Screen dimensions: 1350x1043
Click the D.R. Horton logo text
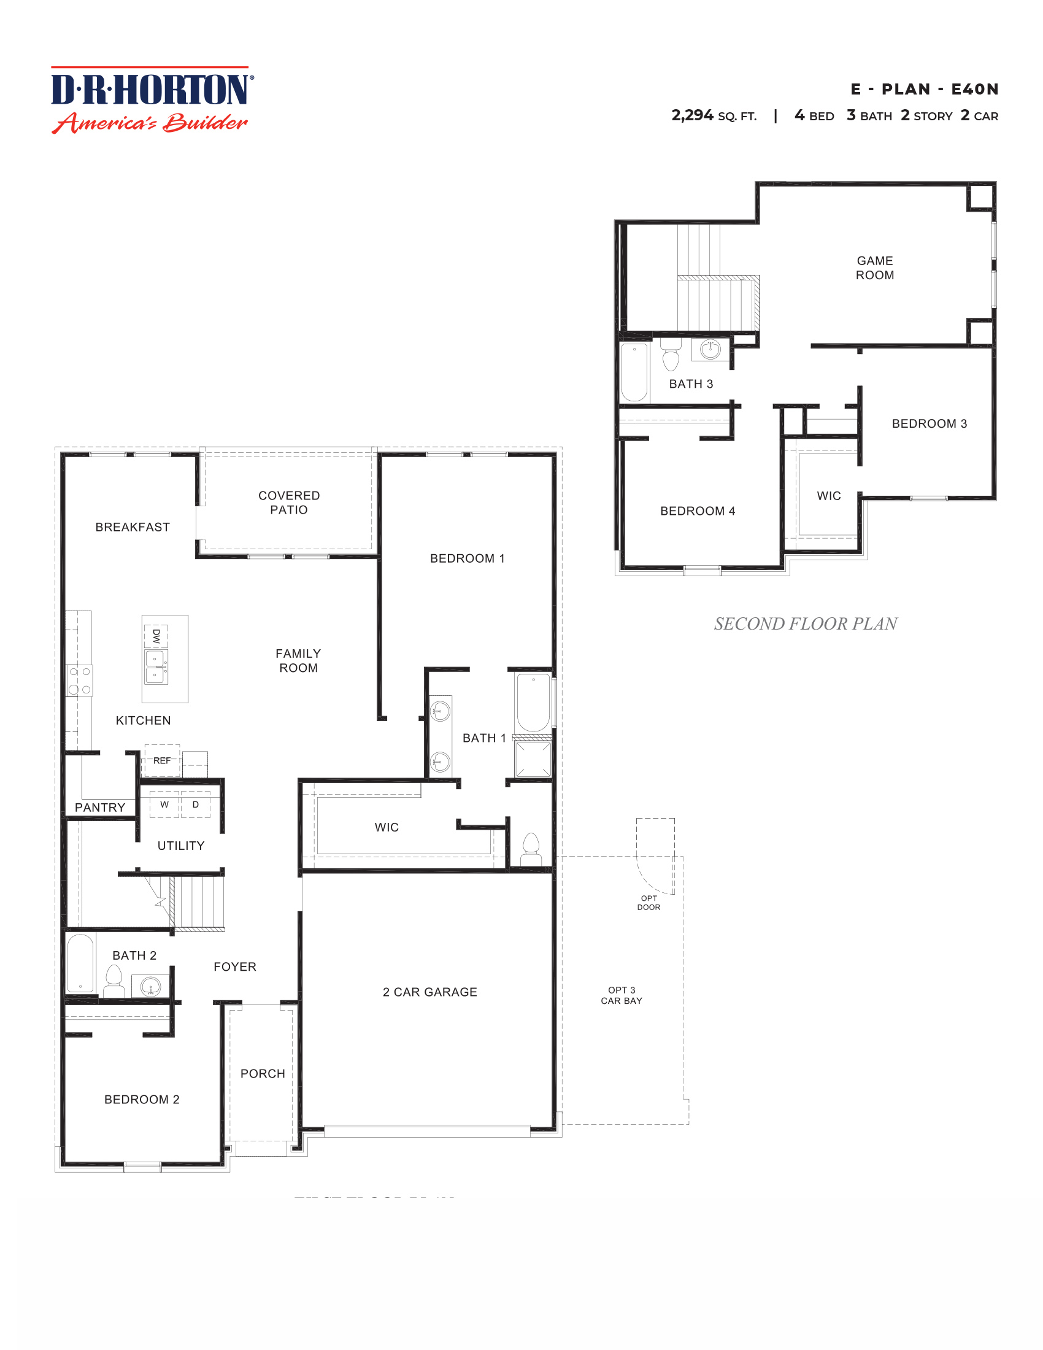(x=152, y=90)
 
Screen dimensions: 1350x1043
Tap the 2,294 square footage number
(x=692, y=115)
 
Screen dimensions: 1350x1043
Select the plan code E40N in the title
(x=974, y=90)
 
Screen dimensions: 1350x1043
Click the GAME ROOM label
(x=874, y=268)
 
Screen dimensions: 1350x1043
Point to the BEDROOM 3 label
(x=929, y=423)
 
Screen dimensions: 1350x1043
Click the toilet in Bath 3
(x=671, y=357)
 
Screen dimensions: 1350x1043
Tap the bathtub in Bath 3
(x=634, y=372)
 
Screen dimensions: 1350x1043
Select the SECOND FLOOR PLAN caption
(x=805, y=623)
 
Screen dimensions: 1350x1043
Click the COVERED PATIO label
(x=288, y=503)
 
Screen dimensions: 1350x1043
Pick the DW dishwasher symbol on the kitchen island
(x=156, y=636)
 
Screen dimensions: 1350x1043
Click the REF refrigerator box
(x=162, y=761)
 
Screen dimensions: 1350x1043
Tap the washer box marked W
(x=164, y=804)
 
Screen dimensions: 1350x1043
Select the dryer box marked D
(x=195, y=804)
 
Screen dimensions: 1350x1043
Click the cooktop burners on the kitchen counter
(x=80, y=680)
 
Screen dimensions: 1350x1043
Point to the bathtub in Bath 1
(x=533, y=703)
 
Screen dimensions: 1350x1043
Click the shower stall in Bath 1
(x=533, y=759)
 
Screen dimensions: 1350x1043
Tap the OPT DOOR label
(x=649, y=903)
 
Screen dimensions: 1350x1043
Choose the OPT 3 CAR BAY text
(x=622, y=995)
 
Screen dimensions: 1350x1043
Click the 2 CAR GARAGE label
(x=429, y=992)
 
